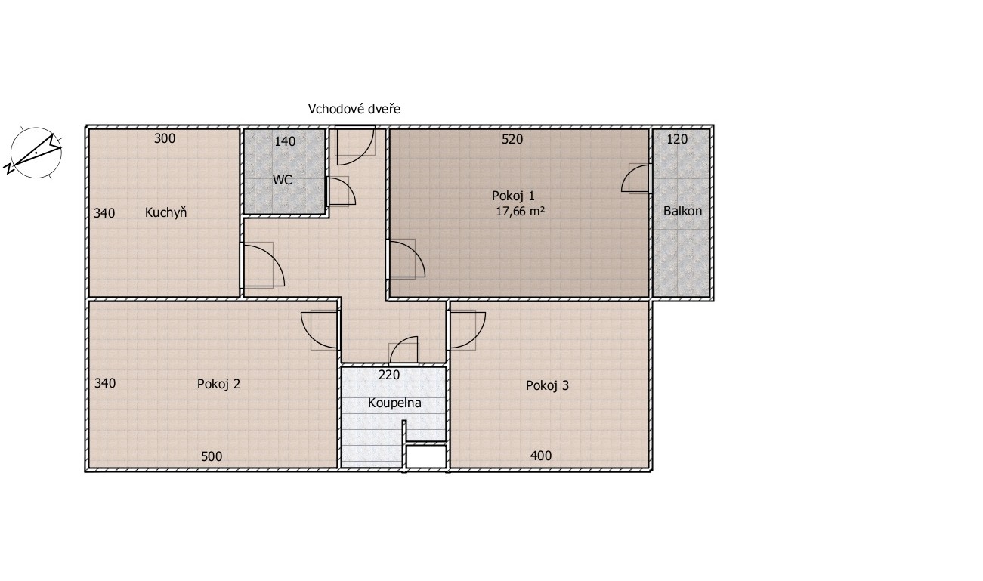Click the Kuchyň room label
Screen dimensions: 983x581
[166, 212]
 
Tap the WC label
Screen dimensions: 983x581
[282, 180]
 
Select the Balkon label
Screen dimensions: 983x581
[682, 211]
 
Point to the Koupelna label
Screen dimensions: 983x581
[394, 403]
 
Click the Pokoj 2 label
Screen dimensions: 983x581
[218, 384]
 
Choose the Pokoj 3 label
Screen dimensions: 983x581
[547, 385]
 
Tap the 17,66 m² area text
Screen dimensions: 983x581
[520, 211]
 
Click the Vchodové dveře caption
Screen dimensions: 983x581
[354, 109]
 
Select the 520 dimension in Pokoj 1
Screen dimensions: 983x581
[512, 139]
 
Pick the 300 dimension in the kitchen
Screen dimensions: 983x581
[165, 139]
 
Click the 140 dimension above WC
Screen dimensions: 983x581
[285, 141]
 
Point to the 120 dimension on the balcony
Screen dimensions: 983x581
[677, 139]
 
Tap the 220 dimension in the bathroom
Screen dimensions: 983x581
[389, 375]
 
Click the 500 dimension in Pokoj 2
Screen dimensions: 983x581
[212, 456]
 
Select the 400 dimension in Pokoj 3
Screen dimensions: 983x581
[541, 456]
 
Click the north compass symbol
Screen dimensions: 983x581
[35, 153]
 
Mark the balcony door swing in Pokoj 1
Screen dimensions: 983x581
[635, 178]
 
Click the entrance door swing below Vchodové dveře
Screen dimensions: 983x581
[355, 146]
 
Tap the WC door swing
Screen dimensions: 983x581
[342, 191]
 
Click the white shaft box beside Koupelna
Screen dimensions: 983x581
[425, 457]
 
